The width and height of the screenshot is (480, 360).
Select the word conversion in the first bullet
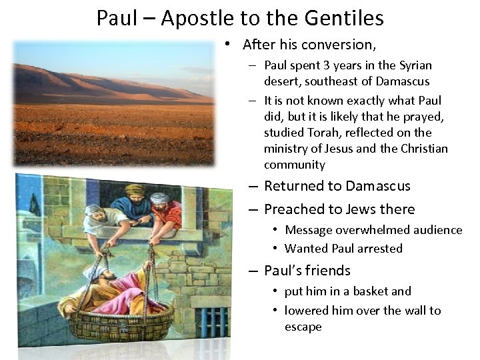click(339, 45)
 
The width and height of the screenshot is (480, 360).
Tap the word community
click(295, 165)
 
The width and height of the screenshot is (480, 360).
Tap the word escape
click(303, 327)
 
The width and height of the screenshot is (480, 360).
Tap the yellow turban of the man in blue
click(135, 191)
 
